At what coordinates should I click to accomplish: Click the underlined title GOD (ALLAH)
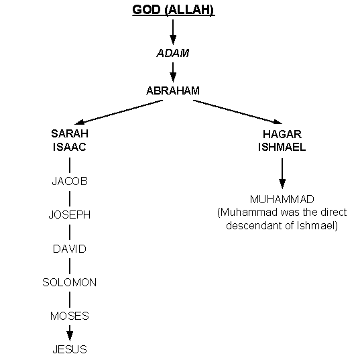(174, 10)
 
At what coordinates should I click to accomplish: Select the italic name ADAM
(173, 53)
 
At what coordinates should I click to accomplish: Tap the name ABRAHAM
(173, 91)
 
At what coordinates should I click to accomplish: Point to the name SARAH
(70, 133)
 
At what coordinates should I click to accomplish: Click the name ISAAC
(70, 147)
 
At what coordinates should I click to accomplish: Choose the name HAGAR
(282, 134)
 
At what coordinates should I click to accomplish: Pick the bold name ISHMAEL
(282, 147)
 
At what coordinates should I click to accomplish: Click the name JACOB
(70, 181)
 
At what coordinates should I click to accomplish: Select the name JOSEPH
(70, 215)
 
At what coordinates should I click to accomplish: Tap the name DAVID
(70, 249)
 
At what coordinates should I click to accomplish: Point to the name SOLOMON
(70, 282)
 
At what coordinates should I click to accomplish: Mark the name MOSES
(70, 316)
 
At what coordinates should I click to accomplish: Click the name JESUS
(70, 349)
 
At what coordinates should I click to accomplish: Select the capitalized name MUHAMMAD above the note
(282, 199)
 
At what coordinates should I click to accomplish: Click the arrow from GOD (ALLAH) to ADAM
(173, 32)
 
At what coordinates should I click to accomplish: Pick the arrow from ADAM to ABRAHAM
(173, 72)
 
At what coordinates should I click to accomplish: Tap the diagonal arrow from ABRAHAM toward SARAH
(119, 112)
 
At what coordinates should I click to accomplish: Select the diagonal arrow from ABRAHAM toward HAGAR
(237, 112)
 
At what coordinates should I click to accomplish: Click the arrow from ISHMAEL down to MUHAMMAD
(282, 174)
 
